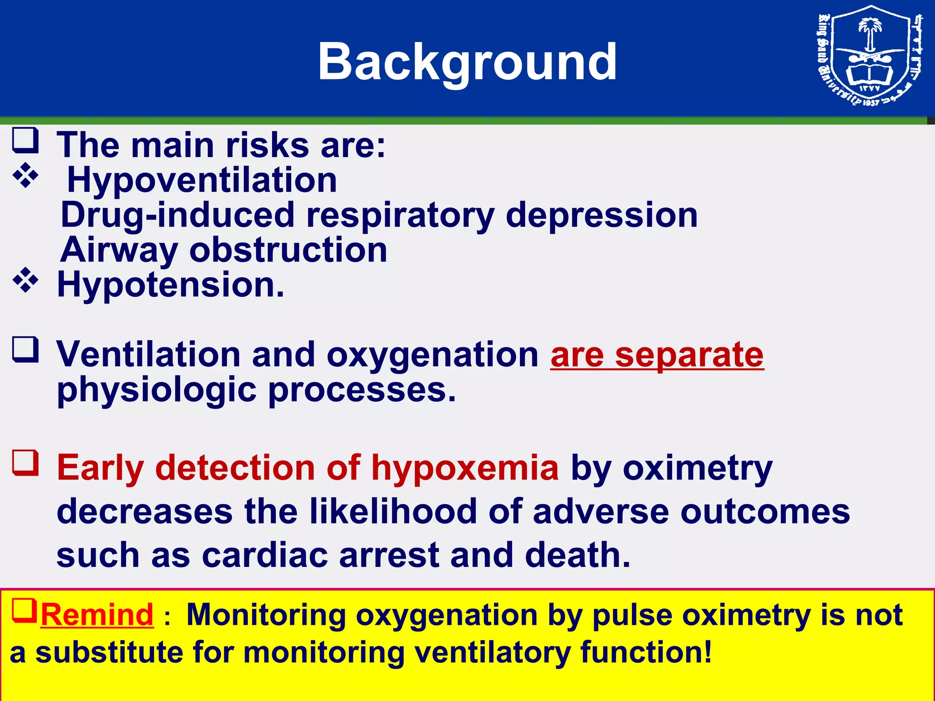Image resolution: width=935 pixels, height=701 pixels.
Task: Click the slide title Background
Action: click(467, 62)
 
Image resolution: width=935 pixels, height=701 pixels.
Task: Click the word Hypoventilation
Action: click(202, 180)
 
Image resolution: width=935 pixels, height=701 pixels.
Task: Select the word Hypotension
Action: click(170, 285)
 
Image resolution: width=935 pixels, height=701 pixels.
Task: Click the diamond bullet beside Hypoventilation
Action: click(26, 175)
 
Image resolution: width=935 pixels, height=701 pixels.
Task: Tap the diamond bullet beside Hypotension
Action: click(26, 280)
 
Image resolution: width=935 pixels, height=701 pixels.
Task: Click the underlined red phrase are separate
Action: click(657, 355)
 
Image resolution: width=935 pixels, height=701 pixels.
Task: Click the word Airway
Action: click(119, 250)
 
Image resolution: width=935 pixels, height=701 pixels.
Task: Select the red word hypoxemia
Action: click(465, 468)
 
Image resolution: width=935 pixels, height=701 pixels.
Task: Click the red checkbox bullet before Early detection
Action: click(25, 463)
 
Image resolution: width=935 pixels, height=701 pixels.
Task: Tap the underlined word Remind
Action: click(97, 615)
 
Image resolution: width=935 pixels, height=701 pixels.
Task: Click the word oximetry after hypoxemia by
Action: click(697, 468)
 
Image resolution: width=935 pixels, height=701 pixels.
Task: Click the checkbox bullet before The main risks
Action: click(25, 141)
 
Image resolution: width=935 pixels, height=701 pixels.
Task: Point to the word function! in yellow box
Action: click(646, 652)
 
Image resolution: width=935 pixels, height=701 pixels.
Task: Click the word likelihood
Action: click(393, 511)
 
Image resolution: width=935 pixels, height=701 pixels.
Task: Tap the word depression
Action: click(601, 215)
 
